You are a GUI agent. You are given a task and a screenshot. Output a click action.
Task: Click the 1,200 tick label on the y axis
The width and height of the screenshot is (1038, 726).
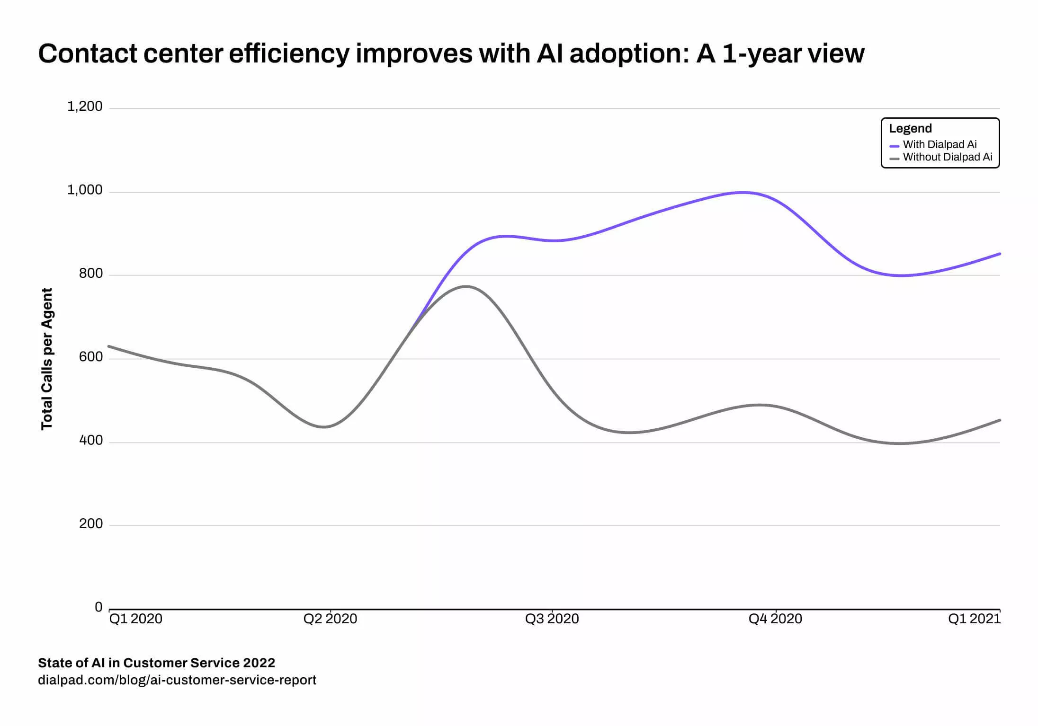[x=85, y=106]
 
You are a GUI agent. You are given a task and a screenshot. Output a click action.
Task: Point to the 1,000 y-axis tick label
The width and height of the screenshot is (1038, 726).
[x=85, y=190]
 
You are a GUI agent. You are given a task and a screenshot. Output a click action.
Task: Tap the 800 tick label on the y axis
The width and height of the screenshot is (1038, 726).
[x=91, y=273]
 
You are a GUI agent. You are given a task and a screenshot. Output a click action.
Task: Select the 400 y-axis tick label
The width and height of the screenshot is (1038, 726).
[x=91, y=440]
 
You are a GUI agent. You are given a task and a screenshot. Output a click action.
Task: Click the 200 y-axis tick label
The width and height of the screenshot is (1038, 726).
[x=91, y=523]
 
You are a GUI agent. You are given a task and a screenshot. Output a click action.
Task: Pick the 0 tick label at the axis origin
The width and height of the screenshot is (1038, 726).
[x=98, y=607]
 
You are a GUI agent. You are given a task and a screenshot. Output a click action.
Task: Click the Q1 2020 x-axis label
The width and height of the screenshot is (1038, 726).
[x=135, y=619]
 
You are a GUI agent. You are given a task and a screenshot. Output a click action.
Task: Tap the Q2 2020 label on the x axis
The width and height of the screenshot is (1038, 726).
[x=330, y=619]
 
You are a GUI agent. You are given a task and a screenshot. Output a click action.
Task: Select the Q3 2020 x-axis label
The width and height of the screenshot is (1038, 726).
[x=552, y=619]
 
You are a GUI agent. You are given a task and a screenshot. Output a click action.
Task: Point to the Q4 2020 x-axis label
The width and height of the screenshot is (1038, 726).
[x=775, y=619]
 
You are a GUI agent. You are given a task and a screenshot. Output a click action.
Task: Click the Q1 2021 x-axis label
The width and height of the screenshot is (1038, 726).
[x=974, y=619]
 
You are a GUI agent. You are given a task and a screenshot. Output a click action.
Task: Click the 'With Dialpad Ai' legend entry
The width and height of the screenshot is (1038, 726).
[x=940, y=144]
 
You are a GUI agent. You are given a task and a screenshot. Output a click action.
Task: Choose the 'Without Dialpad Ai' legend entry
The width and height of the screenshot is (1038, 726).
[x=947, y=157]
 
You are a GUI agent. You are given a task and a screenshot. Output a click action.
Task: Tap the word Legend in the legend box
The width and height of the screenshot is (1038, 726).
[x=910, y=128]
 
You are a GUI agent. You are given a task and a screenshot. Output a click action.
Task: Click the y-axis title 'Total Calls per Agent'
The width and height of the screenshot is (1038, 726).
[x=46, y=359]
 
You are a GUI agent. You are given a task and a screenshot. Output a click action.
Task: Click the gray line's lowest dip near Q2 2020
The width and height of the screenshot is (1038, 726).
[x=324, y=427]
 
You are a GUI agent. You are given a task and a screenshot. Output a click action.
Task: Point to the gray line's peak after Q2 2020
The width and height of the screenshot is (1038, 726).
[x=466, y=286]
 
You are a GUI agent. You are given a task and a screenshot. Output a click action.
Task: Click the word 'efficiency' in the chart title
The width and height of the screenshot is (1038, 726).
[x=289, y=53]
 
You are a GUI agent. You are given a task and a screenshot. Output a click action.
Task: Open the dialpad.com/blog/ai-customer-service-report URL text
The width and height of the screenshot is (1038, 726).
[x=177, y=680]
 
